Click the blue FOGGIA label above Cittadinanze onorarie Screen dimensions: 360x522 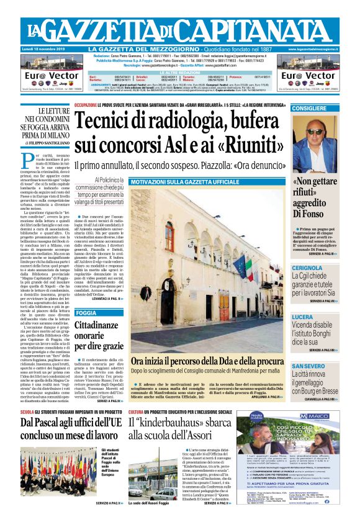click(86, 313)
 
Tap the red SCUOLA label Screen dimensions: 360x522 click(27, 412)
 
